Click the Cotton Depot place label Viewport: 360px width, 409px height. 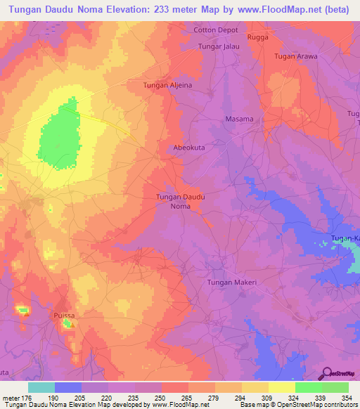[x=216, y=30]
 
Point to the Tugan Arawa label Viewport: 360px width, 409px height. [x=296, y=56]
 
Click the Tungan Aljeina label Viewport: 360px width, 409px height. [x=167, y=85]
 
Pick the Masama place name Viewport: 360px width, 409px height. [x=239, y=119]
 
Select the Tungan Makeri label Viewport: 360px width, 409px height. [x=232, y=282]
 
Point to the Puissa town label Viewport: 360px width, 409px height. [x=64, y=316]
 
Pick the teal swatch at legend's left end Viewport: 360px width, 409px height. [x=41, y=387]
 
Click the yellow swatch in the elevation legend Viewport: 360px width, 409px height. [x=281, y=387]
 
